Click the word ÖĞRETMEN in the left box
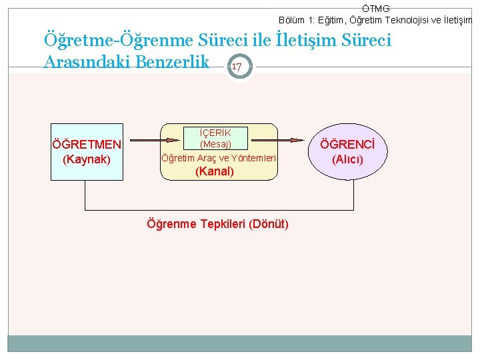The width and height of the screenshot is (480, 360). click(87, 145)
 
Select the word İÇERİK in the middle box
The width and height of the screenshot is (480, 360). click(215, 132)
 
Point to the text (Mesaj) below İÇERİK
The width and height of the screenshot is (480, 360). click(215, 143)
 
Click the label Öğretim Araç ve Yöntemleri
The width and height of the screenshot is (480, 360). click(219, 158)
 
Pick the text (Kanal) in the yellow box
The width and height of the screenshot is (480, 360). click(214, 171)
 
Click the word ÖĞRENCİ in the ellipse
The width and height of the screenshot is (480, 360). click(347, 145)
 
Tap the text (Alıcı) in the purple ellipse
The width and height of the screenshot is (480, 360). click(347, 159)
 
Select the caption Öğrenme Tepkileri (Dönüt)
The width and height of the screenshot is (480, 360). click(217, 223)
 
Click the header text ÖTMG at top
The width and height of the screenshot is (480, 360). click(376, 9)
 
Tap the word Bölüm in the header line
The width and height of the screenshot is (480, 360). click(292, 20)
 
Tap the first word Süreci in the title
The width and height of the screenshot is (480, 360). click(230, 41)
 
